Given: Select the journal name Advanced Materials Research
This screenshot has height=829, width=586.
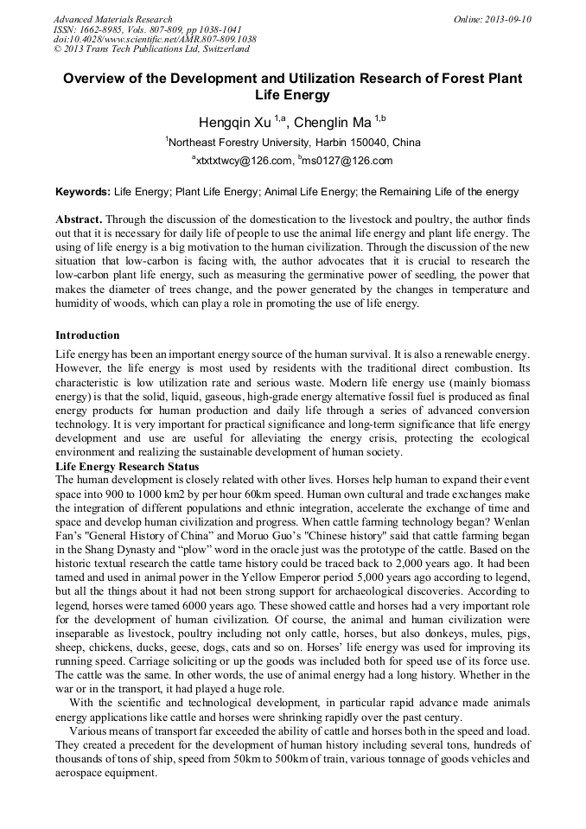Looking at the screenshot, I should (112, 19).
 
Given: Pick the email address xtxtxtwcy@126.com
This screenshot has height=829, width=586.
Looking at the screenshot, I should (245, 161).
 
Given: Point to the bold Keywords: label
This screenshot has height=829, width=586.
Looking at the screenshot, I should (83, 191).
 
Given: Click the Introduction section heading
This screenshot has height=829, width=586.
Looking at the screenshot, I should (87, 335).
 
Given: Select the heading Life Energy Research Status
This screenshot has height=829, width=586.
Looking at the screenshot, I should (126, 467).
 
